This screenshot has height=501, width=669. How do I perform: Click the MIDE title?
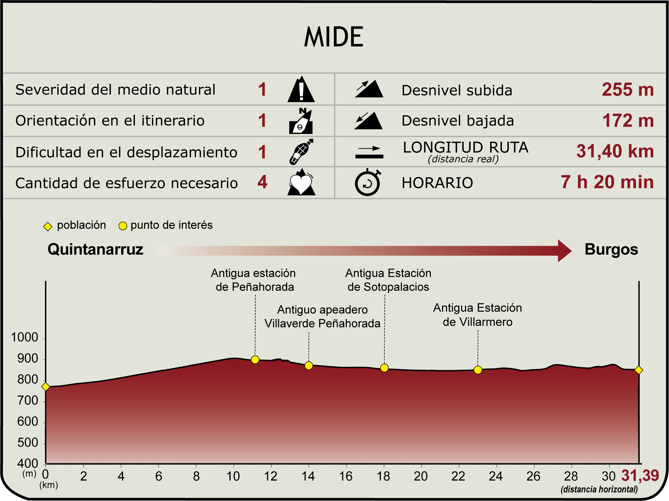point(334,37)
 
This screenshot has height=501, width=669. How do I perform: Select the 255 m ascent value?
point(627,90)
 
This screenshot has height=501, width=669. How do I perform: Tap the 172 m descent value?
point(627,121)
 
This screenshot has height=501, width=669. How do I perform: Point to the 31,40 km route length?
point(615,151)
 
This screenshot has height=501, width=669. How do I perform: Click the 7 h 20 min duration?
point(607,182)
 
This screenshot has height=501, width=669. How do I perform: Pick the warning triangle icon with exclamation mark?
point(301,90)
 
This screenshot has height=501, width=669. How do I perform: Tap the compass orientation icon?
point(301,121)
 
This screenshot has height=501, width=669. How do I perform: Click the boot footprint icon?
point(301,152)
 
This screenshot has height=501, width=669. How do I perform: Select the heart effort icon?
point(301,183)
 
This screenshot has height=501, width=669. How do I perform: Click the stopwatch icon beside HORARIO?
point(368,183)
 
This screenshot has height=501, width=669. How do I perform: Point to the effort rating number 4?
point(262,182)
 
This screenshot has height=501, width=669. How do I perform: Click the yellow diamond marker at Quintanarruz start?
point(46,386)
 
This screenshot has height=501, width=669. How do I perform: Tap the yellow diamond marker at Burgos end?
point(639,370)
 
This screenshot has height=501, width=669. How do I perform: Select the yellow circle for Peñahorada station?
point(255,360)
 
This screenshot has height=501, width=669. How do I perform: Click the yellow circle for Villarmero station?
point(478,370)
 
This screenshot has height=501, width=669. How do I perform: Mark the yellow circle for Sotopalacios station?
point(384,368)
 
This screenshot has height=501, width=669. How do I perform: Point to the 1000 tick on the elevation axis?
point(24,337)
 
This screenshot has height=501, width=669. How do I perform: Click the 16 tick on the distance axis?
point(346,476)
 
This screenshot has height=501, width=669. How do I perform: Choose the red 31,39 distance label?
point(640,475)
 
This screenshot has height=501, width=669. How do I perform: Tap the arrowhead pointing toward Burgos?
point(564,250)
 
